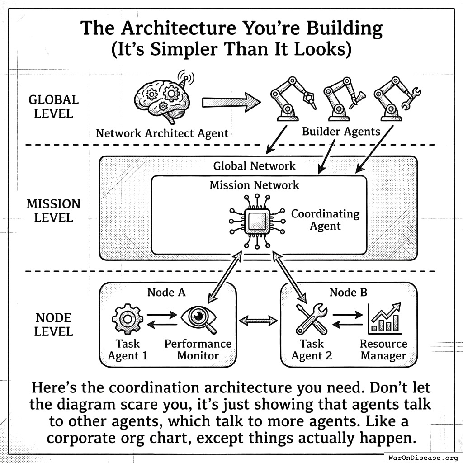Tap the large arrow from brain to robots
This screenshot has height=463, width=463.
[x=231, y=102]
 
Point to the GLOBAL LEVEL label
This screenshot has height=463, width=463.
[x=53, y=106]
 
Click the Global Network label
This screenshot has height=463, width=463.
[x=254, y=166]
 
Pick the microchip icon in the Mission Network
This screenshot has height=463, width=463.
[x=257, y=221]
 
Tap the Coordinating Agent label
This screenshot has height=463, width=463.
[x=325, y=219]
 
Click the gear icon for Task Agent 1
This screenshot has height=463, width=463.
[x=128, y=319]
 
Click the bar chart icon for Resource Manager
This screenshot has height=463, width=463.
[x=385, y=318]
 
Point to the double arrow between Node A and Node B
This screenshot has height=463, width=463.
[x=258, y=321]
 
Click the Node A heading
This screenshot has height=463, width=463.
[x=166, y=293]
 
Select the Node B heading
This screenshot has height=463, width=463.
[x=348, y=293]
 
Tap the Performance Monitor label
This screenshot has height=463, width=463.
[x=198, y=350]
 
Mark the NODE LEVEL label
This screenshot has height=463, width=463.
[x=53, y=325]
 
